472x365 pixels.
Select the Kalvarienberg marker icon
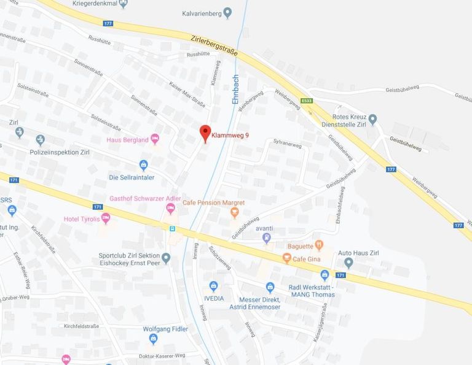coord(228,12)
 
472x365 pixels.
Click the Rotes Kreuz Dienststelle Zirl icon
coord(372,118)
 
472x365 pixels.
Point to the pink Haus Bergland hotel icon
coord(155,139)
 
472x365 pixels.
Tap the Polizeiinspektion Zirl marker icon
coord(41,140)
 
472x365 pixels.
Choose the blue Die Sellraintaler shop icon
coord(144,165)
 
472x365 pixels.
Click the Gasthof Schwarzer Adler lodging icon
coord(171,210)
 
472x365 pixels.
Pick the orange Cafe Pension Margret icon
coord(234,213)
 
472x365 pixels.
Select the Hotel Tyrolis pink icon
coord(105,218)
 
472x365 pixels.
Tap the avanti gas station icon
coord(266,237)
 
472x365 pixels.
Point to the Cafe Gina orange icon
coord(286,259)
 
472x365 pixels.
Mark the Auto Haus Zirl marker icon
coord(348,263)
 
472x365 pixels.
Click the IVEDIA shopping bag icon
coord(213,286)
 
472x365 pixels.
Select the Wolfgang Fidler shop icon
coord(154,339)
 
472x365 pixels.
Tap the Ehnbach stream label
coord(235,91)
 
